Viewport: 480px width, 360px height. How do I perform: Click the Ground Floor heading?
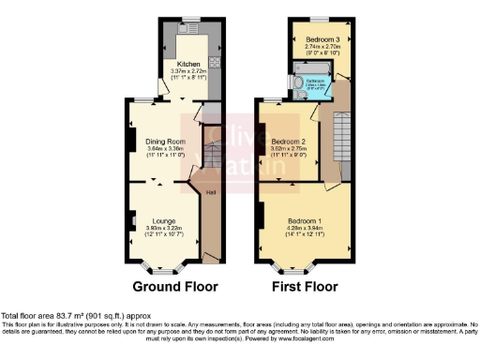pos(174,286)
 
